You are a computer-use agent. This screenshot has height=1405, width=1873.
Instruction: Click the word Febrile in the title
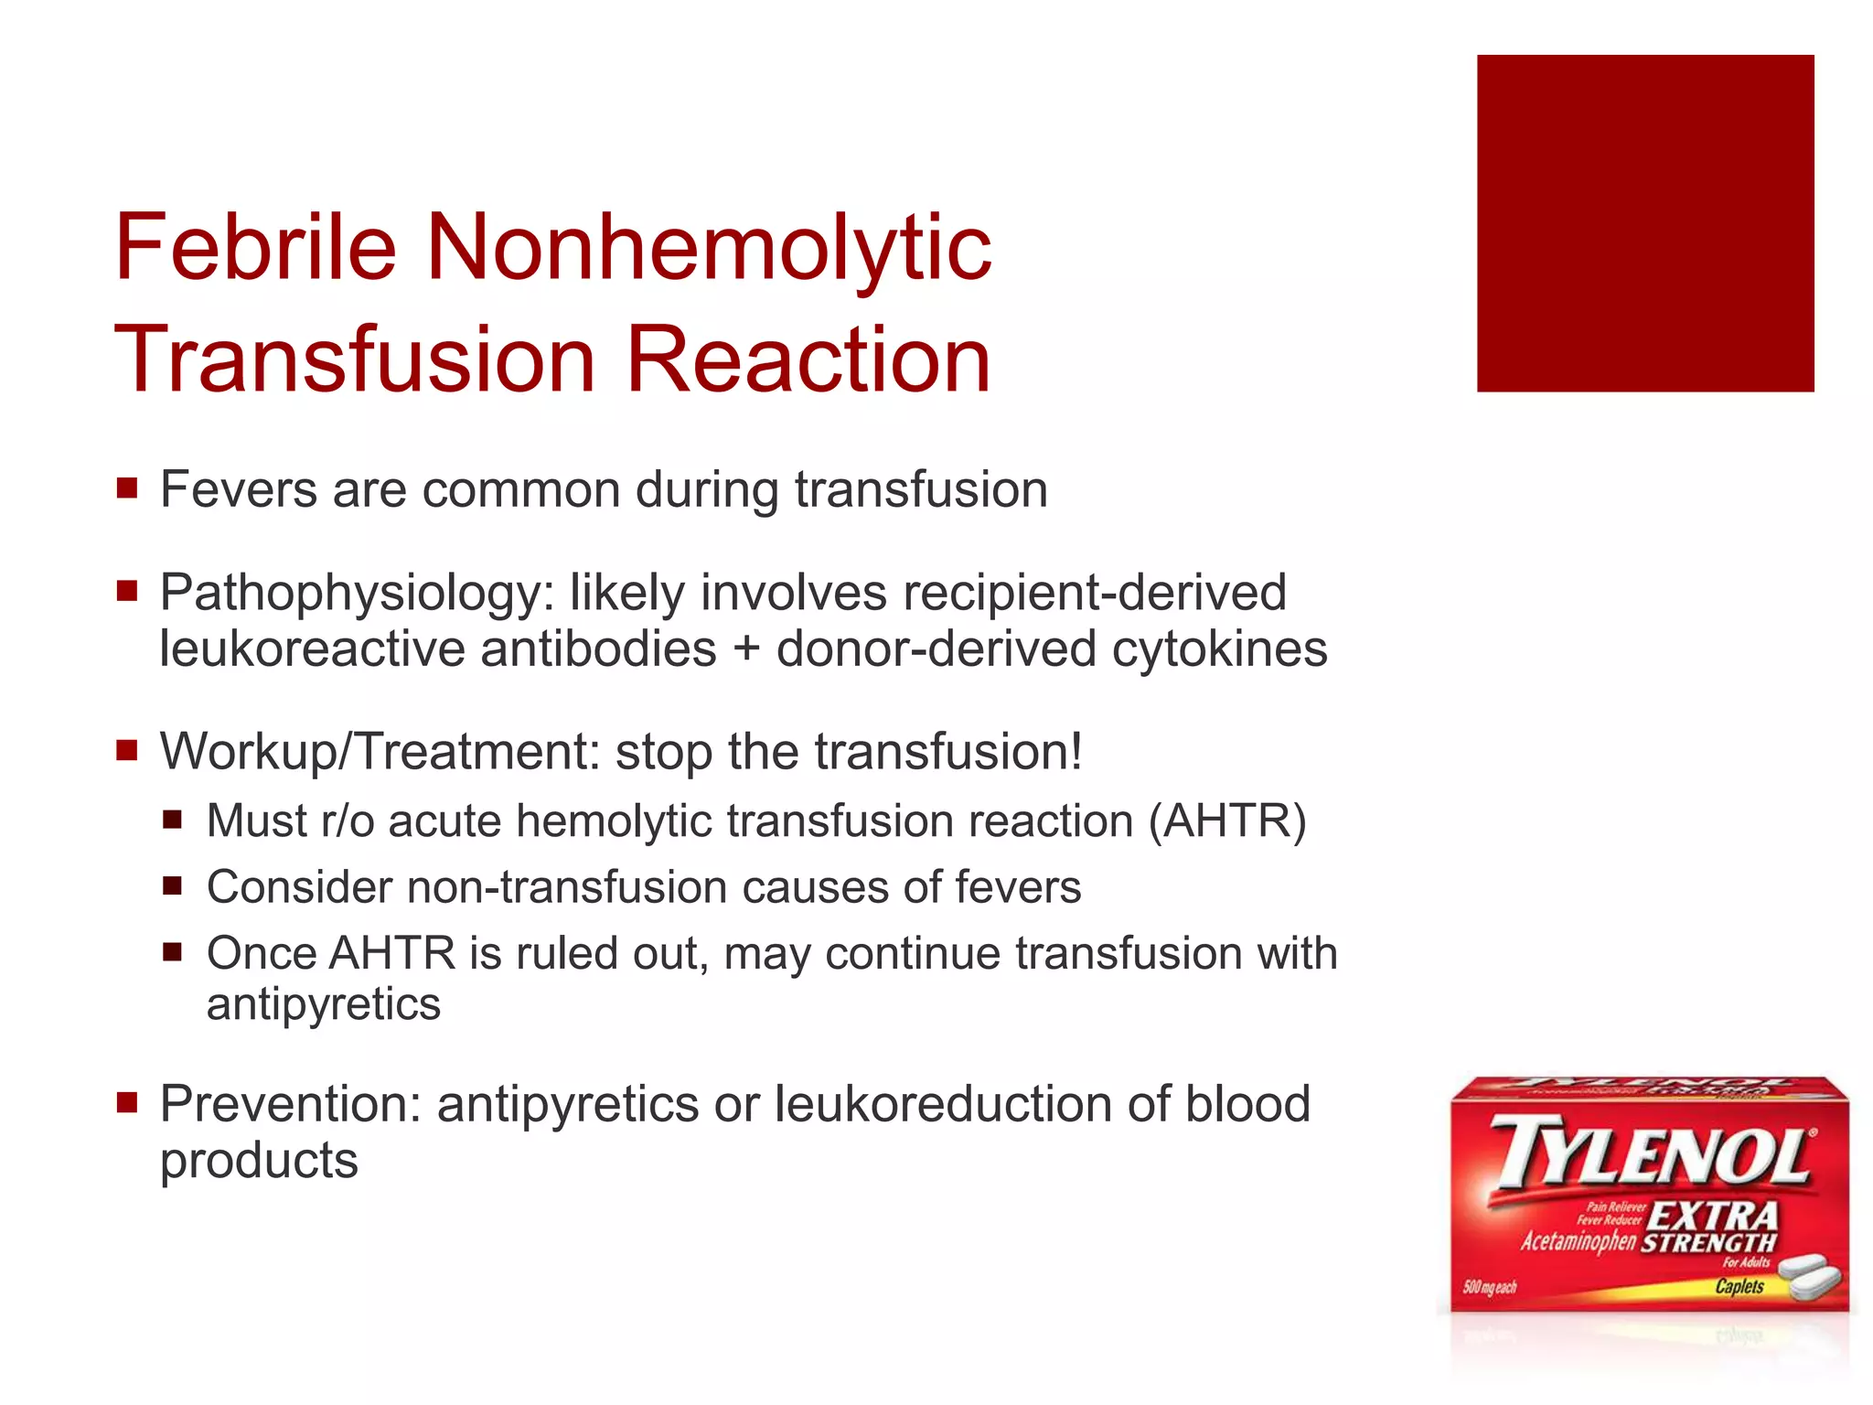[255, 247]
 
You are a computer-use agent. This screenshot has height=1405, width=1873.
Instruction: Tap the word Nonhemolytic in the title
[709, 247]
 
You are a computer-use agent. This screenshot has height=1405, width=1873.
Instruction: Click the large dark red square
[1644, 223]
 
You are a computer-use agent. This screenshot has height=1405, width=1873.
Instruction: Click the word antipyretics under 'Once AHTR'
[324, 1004]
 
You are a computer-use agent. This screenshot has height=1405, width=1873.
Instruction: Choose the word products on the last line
[259, 1161]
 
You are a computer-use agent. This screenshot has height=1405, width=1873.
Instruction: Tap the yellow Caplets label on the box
[1739, 1286]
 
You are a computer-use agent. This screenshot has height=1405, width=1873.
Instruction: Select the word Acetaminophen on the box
[1578, 1241]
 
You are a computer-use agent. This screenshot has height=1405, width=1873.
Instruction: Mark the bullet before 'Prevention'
[127, 1102]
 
